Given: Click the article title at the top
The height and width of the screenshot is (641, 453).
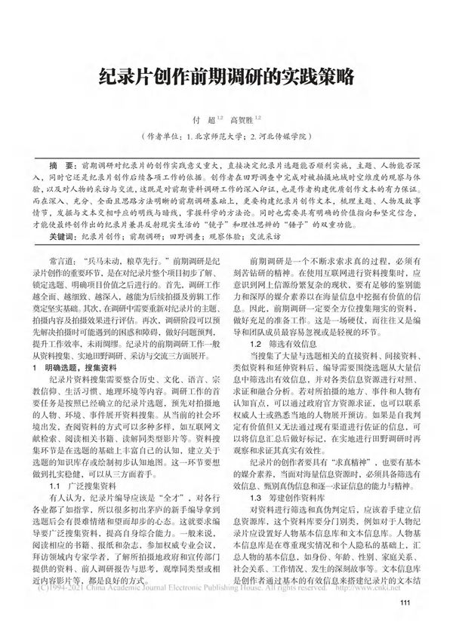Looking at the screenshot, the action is coord(226,75).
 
